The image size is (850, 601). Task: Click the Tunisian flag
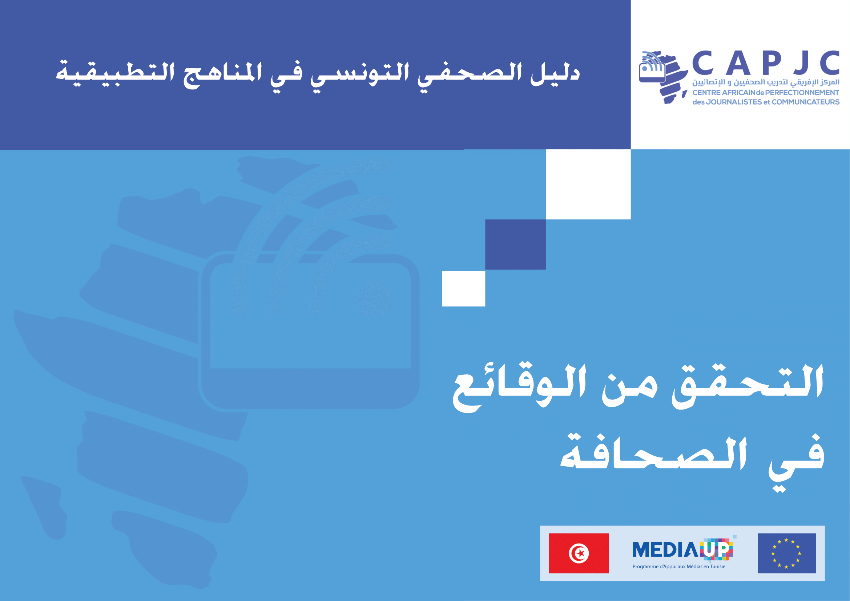click(579, 553)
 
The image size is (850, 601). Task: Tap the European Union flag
click(787, 553)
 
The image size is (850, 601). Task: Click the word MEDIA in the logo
click(665, 549)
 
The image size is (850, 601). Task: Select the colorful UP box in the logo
click(717, 549)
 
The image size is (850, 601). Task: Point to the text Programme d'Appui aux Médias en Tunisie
click(679, 566)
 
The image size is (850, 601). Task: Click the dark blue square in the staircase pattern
click(515, 244)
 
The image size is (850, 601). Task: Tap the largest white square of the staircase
click(588, 184)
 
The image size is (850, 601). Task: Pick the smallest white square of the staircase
click(463, 289)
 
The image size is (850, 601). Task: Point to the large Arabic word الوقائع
click(520, 387)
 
